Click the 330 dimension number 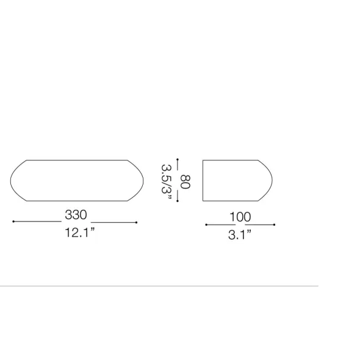click(x=76, y=215)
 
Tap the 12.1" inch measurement click(x=80, y=232)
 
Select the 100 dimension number click(x=240, y=217)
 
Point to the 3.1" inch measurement click(x=240, y=235)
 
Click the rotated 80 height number click(x=185, y=182)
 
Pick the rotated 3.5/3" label click(x=167, y=182)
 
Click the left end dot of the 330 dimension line click(x=13, y=221)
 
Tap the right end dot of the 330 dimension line click(x=137, y=222)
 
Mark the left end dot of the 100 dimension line click(x=206, y=225)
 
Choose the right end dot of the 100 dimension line click(x=275, y=225)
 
